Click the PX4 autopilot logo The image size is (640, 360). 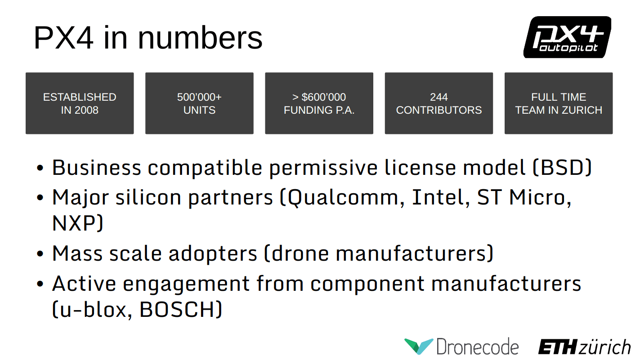tap(567, 37)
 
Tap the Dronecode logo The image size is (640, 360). tap(461, 347)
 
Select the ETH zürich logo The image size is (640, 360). tap(584, 347)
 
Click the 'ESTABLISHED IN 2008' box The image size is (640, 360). tap(80, 103)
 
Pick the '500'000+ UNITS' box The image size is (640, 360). tap(199, 103)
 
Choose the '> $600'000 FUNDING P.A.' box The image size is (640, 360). tap(319, 103)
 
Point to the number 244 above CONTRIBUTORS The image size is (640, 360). tap(439, 97)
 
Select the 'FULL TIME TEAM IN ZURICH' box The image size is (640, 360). tap(559, 103)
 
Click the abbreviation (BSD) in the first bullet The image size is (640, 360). tap(562, 168)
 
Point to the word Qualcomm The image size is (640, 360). tap(342, 198)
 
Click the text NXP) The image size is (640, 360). tap(77, 223)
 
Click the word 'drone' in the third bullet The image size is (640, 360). tap(300, 253)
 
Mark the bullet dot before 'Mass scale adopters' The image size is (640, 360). tap(40, 253)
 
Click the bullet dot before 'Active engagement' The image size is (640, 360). tap(40, 284)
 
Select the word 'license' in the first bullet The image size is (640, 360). tap(420, 168)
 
